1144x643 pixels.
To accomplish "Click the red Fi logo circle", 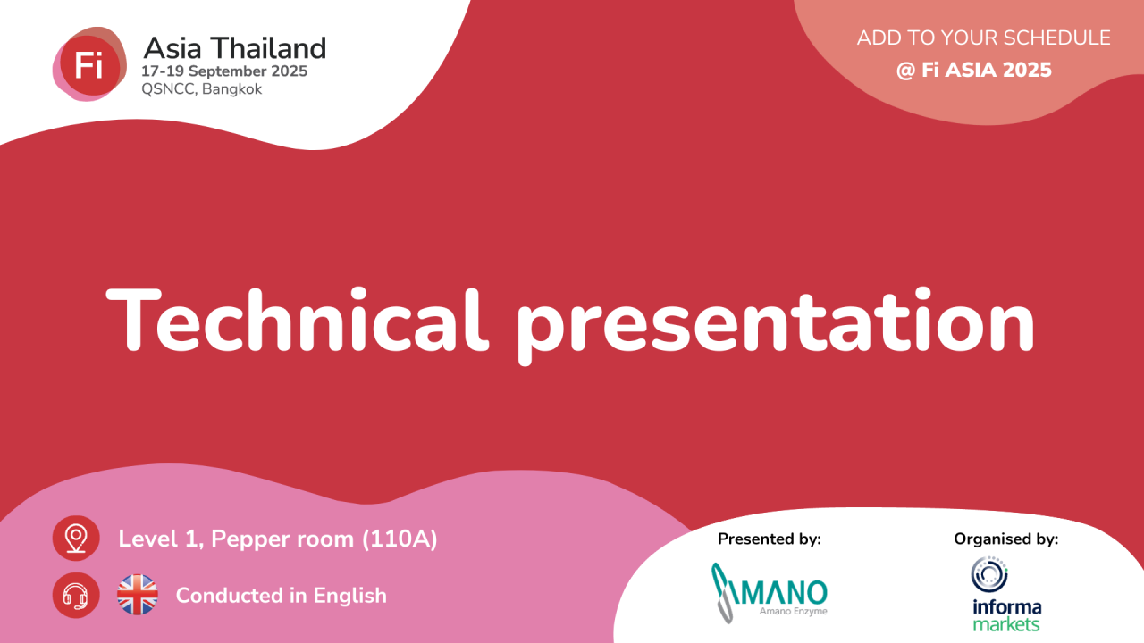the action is (90, 65).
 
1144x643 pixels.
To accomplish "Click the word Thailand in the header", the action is (269, 48).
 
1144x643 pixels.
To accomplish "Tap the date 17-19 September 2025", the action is (224, 71).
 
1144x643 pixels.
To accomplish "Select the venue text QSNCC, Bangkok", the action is (202, 89).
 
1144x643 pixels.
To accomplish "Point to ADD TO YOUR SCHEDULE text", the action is (984, 38).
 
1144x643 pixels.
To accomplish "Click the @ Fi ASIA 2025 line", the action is (974, 70).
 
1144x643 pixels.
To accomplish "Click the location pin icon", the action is (76, 539).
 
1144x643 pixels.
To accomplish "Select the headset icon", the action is (76, 595).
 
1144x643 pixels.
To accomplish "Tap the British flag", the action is (138, 595).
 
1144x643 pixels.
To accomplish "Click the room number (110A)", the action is (400, 539).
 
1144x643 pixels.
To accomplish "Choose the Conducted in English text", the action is (282, 596).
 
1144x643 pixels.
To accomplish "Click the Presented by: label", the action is (770, 539).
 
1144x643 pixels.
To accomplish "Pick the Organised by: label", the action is (1006, 539).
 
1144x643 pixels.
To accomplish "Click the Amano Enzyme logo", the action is (770, 593).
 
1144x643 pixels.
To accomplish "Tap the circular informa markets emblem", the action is (989, 574).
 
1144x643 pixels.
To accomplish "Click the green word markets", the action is (1006, 624).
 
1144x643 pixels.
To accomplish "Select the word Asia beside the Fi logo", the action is (172, 48).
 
